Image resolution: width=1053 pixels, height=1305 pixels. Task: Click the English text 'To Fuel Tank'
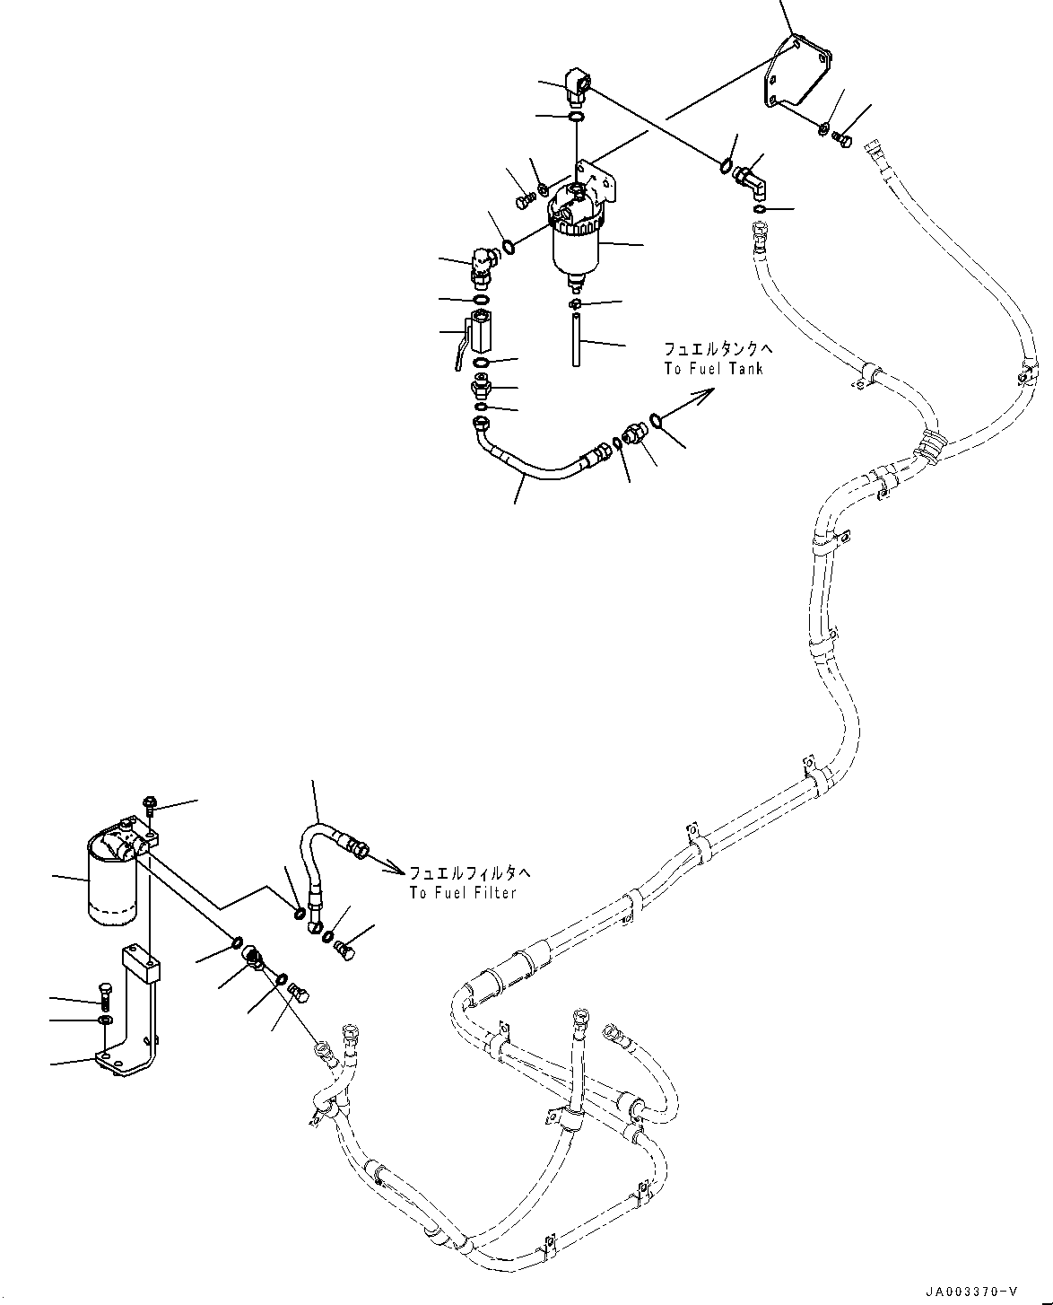click(x=714, y=369)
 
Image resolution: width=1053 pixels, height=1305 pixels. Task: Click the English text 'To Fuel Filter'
click(x=463, y=893)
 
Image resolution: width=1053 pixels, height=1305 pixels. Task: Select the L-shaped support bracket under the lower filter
click(x=135, y=1014)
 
